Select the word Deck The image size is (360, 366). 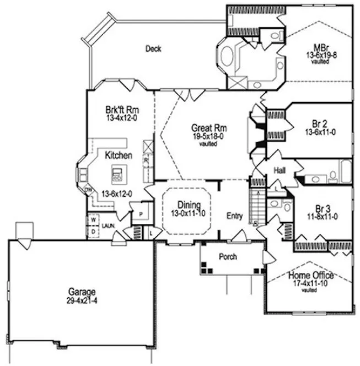(153, 49)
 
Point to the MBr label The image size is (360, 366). (320, 47)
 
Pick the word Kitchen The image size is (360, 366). (119, 156)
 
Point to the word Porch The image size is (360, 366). (228, 257)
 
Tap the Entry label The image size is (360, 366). (235, 216)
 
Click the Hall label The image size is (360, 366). (280, 171)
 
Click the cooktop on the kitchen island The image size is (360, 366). (117, 175)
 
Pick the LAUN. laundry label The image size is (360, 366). (108, 226)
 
